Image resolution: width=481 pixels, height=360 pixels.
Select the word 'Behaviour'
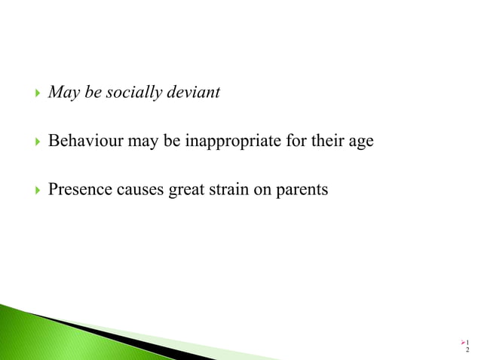point(84,141)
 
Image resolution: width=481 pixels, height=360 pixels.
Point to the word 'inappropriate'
point(231,141)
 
